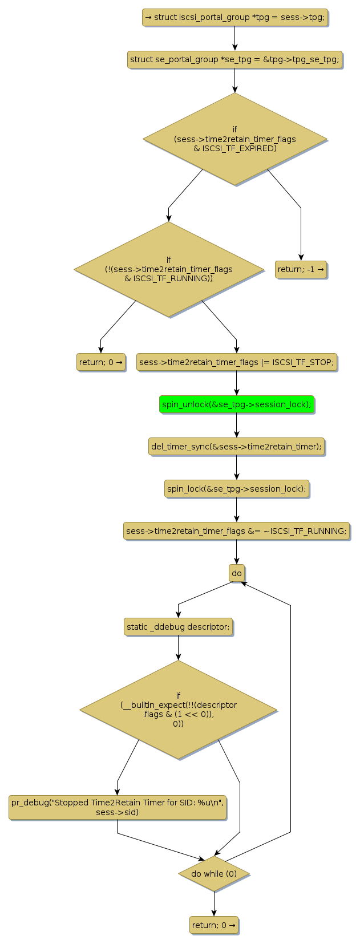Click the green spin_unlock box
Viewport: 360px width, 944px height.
click(236, 404)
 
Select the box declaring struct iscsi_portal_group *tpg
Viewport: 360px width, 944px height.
click(234, 17)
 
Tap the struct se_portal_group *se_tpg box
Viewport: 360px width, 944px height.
click(234, 59)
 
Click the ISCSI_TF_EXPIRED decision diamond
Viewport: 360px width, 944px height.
click(234, 139)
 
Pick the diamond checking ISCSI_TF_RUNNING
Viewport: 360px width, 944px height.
click(168, 269)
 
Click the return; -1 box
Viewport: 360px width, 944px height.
click(301, 269)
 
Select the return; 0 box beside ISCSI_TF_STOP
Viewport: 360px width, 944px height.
click(101, 362)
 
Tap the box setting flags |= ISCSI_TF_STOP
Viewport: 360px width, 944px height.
click(236, 362)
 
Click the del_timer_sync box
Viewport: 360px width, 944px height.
click(236, 447)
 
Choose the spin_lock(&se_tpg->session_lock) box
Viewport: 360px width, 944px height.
click(236, 489)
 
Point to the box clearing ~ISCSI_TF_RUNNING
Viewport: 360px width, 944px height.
click(236, 531)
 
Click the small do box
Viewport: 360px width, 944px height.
click(236, 573)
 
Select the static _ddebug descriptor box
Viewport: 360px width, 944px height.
click(178, 627)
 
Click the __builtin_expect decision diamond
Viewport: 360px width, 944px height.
click(178, 710)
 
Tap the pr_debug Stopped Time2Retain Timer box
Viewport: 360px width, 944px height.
click(118, 807)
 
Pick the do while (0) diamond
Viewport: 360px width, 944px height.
click(214, 874)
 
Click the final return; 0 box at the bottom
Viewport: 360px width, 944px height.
click(214, 925)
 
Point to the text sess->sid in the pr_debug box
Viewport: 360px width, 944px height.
click(118, 812)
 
